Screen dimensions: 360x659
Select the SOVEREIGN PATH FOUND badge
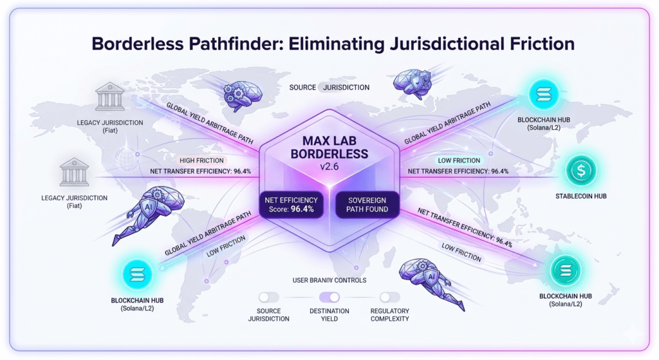(x=367, y=204)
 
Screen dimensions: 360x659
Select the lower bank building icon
(x=74, y=173)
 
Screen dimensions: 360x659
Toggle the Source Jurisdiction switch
(x=268, y=298)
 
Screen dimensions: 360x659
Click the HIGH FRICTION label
(x=202, y=160)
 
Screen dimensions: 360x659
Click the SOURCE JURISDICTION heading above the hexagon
(x=329, y=87)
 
